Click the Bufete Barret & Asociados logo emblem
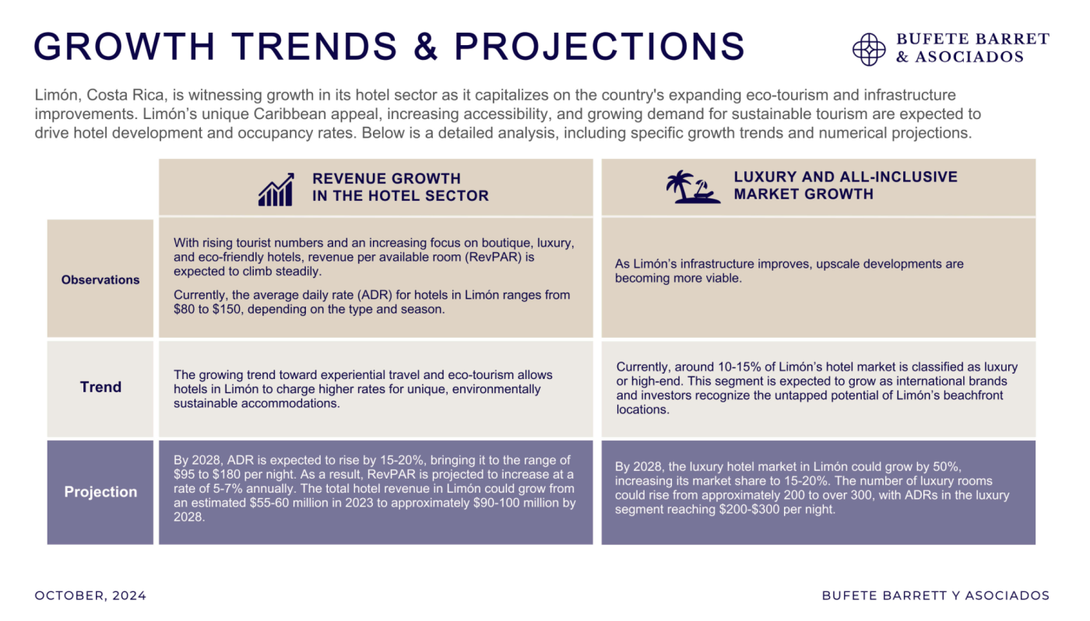869,49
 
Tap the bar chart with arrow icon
276,189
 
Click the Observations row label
100,280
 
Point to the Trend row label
100,388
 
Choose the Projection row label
100,492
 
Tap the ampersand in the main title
424,47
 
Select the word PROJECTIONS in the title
599,47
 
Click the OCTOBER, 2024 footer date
90,596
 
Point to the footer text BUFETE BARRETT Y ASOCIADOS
935,596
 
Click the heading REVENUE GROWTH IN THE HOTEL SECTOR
400,188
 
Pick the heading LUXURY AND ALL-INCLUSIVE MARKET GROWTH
846,186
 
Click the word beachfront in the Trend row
971,395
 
